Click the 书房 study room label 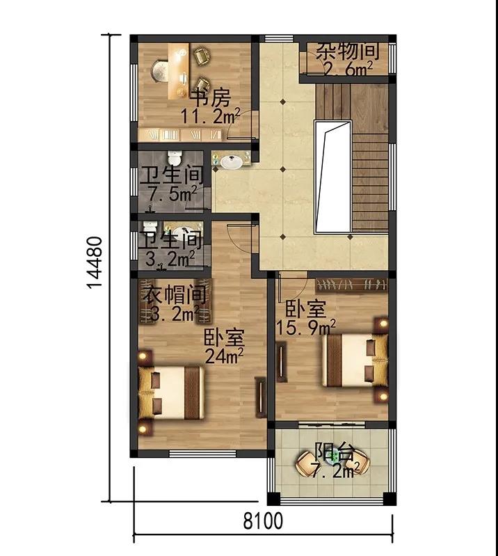(x=211, y=98)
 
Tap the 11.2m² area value (x=211, y=116)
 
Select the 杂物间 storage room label (x=347, y=51)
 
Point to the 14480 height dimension (x=95, y=263)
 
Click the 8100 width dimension (x=263, y=521)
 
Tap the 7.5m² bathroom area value (x=173, y=193)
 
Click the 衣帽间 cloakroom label (x=175, y=294)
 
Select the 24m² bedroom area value (x=224, y=356)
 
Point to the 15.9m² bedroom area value (x=305, y=327)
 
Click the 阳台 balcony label (x=335, y=452)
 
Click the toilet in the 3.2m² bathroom (x=150, y=227)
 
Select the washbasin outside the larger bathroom (x=232, y=162)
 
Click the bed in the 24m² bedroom (x=172, y=393)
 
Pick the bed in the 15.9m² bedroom (x=355, y=360)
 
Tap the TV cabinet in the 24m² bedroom (x=261, y=397)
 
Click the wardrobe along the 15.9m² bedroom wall (x=351, y=285)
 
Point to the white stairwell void (x=333, y=176)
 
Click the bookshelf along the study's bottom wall (x=180, y=135)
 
